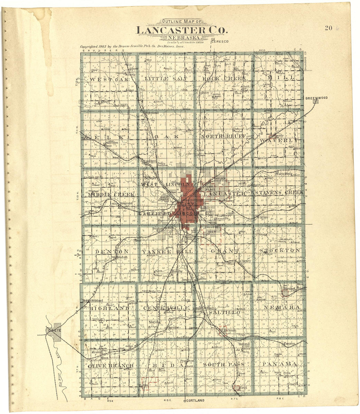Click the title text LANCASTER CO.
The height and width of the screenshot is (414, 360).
(x=181, y=30)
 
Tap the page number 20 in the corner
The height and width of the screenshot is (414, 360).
(x=329, y=28)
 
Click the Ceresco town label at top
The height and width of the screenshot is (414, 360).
(x=220, y=42)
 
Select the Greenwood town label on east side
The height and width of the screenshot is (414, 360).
(x=316, y=98)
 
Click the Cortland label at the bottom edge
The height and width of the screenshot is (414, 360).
(x=195, y=400)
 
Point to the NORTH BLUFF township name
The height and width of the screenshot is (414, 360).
(x=223, y=136)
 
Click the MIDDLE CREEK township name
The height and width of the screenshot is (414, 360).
(x=111, y=195)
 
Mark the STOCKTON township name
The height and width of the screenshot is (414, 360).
(x=279, y=250)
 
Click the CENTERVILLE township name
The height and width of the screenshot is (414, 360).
(x=166, y=308)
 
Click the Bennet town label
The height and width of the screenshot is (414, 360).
(x=289, y=289)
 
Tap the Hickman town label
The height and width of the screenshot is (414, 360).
(x=230, y=331)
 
